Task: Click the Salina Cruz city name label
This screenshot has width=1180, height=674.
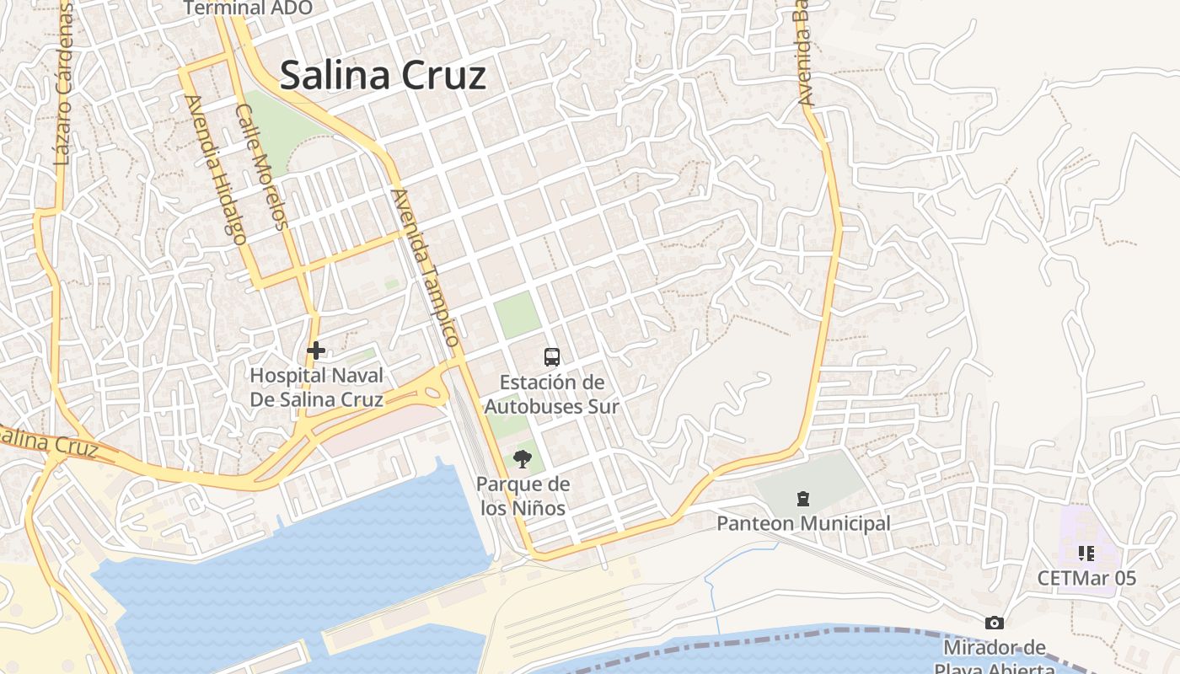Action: tap(383, 75)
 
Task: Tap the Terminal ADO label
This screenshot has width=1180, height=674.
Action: tap(248, 8)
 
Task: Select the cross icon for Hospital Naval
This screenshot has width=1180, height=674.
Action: tap(316, 350)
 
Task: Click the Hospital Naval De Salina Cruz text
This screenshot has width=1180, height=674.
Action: tap(316, 388)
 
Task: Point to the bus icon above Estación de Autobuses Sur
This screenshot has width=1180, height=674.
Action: tap(552, 357)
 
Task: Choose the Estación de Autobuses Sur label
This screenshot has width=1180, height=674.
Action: tap(552, 394)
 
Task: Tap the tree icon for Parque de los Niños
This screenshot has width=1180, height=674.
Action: tap(523, 459)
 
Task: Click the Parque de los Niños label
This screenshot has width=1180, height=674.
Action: tap(523, 496)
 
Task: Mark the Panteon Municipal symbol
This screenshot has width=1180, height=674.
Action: tap(802, 499)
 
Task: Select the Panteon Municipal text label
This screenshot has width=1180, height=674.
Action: tap(802, 524)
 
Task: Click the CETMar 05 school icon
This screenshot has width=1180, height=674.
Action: tap(1086, 554)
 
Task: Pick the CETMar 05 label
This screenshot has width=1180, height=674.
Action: tap(1086, 579)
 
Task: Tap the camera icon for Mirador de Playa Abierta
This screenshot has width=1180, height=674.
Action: tap(995, 623)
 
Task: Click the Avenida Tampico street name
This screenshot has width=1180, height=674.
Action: tap(426, 268)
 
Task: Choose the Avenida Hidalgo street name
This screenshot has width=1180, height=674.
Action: tap(216, 168)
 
